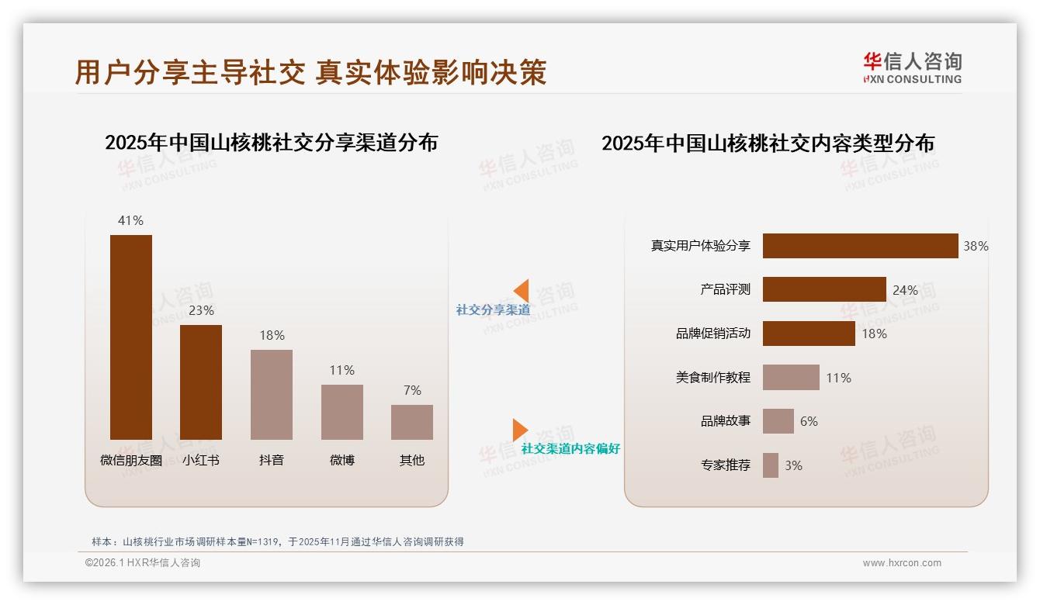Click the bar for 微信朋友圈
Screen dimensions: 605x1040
[131, 337]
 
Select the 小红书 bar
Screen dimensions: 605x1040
[201, 382]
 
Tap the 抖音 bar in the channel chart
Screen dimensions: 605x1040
[272, 394]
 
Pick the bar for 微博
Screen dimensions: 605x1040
[342, 412]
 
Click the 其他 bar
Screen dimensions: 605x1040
[412, 422]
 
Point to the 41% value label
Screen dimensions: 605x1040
[130, 220]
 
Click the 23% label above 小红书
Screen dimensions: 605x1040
[201, 310]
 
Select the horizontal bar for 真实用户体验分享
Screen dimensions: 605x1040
[860, 246]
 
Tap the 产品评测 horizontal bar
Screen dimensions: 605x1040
[824, 289]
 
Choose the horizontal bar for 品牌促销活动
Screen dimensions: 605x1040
[809, 334]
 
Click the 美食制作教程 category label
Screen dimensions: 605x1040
[712, 378]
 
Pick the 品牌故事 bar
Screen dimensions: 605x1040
[778, 421]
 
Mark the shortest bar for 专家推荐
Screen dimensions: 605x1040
[771, 465]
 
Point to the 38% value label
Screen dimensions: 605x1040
[976, 246]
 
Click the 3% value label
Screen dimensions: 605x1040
[793, 465]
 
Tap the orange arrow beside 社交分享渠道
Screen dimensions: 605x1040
[521, 291]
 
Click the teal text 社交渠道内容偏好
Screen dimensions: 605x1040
[570, 448]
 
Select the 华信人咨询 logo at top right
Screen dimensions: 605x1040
[912, 68]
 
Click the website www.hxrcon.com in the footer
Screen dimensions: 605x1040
[902, 563]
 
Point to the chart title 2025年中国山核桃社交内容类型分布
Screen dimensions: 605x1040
[768, 143]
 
